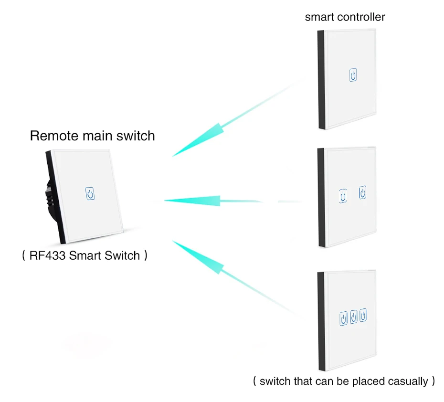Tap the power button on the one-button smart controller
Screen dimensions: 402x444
pos(353,75)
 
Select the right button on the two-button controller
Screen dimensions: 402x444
pos(363,193)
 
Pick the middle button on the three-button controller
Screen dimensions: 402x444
pos(354,317)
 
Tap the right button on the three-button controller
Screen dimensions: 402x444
pos(363,315)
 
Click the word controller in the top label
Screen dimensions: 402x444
pos(361,17)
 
